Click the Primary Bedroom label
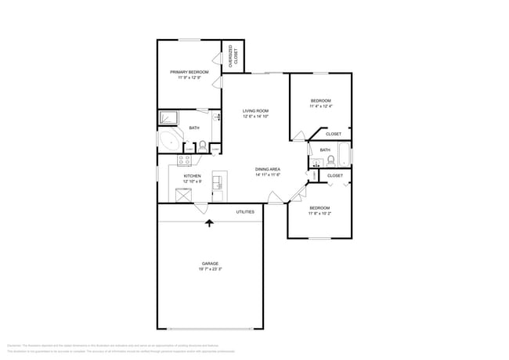pos(189,71)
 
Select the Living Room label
pos(255,111)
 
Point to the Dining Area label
pos(268,169)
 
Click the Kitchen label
pos(192,176)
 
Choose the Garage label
pos(210,263)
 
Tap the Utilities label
pos(245,211)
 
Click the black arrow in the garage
pos(209,225)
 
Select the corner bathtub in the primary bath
pos(168,141)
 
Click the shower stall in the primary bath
pos(169,118)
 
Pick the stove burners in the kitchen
pos(185,160)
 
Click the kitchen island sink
pos(218,184)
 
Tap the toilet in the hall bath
pos(330,160)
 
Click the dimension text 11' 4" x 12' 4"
pos(321,106)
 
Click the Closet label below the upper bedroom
pos(333,134)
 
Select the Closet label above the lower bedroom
pos(334,175)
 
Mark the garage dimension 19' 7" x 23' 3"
pos(210,269)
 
